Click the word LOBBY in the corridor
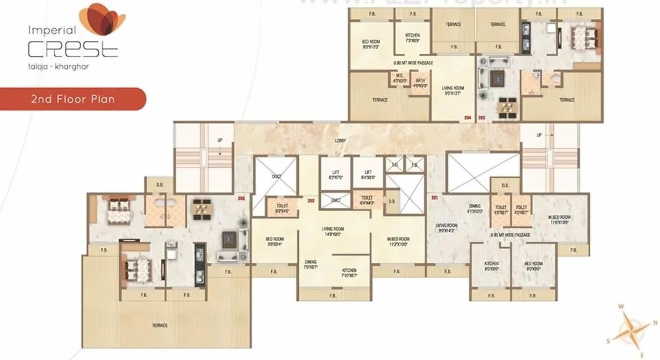click(340, 141)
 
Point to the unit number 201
click(435, 198)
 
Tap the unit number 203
click(241, 199)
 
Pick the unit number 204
click(468, 118)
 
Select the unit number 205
click(482, 118)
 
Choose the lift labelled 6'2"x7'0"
click(336, 174)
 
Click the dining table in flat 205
click(506, 107)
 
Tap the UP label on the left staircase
click(220, 140)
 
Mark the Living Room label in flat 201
click(446, 228)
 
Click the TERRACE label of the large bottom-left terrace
click(160, 326)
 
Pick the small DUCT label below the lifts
click(336, 200)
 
